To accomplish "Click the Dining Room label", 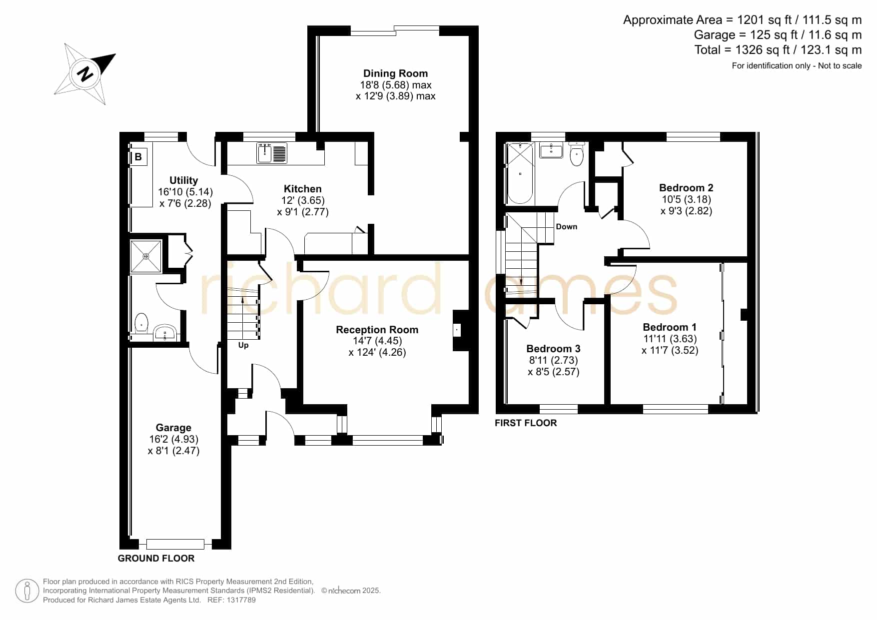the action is pyautogui.click(x=395, y=73).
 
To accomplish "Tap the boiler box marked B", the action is pyautogui.click(x=138, y=157).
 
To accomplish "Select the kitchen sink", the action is pyautogui.click(x=272, y=153).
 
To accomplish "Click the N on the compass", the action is pyautogui.click(x=85, y=74).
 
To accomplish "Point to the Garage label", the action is pyautogui.click(x=173, y=428).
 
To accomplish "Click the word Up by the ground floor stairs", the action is pyautogui.click(x=243, y=345).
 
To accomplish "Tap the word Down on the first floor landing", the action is pyautogui.click(x=567, y=227).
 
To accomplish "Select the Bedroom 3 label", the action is pyautogui.click(x=553, y=349).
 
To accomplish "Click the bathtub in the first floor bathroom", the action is pyautogui.click(x=520, y=173).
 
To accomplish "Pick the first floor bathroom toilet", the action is pyautogui.click(x=577, y=153).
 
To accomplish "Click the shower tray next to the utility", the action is pyautogui.click(x=146, y=256).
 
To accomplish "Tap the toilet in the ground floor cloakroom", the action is pyautogui.click(x=141, y=323).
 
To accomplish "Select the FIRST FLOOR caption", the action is pyautogui.click(x=526, y=423).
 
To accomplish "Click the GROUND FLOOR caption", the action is pyautogui.click(x=156, y=559).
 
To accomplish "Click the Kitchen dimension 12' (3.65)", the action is pyautogui.click(x=303, y=200).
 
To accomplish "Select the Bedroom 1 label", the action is pyautogui.click(x=670, y=327).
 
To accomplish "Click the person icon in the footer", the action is pyautogui.click(x=27, y=591).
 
